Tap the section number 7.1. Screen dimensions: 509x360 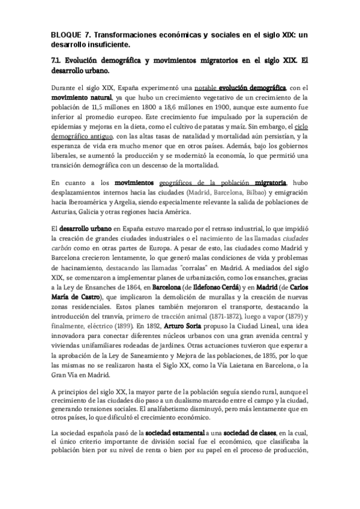click(59, 61)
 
